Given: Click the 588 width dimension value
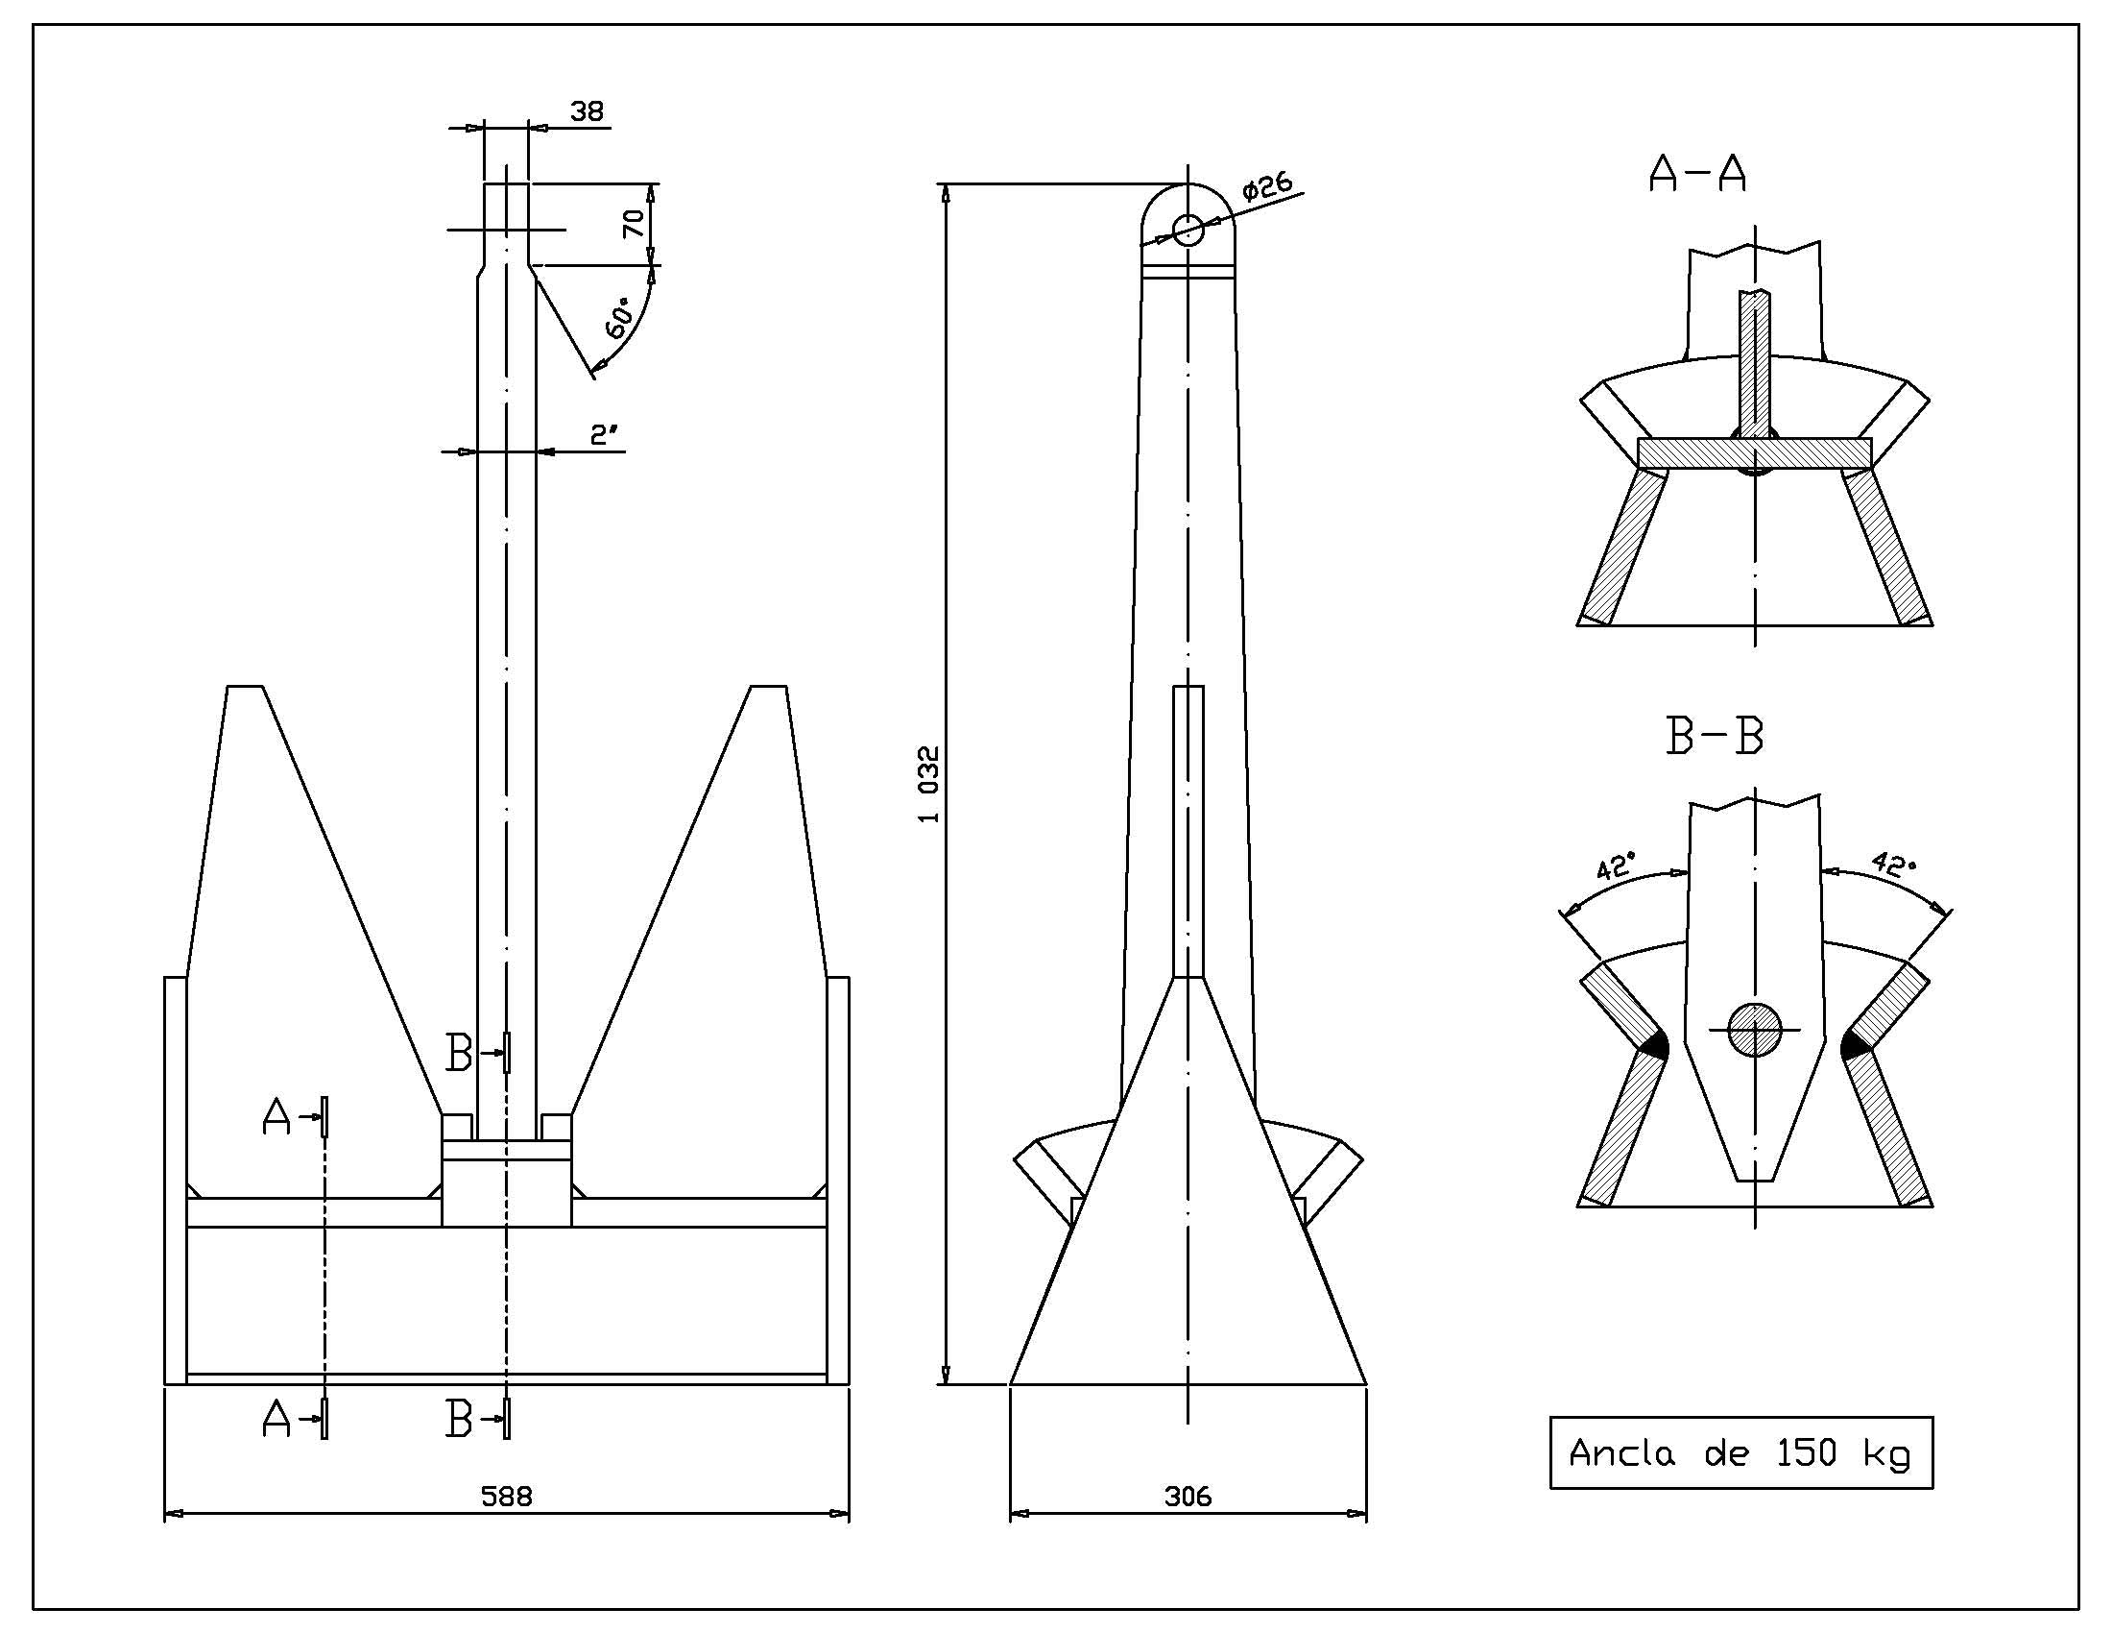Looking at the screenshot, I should click(507, 1497).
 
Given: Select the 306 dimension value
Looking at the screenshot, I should click(1188, 1497).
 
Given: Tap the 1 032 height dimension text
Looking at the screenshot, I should click(929, 784).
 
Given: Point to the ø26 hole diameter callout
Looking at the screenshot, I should click(1267, 186).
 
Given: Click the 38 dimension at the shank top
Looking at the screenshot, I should click(587, 111).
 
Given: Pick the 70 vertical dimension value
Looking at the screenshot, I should click(634, 224).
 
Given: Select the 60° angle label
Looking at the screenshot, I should click(620, 317).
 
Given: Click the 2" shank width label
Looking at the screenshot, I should click(605, 434).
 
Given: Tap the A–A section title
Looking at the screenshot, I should click(1697, 174).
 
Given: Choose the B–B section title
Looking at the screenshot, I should click(1715, 736).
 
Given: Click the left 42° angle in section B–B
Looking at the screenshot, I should click(1616, 865).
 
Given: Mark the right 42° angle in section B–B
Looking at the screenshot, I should click(1892, 863).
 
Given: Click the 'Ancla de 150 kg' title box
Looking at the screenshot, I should click(1740, 1453).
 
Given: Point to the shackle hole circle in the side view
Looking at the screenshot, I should click(1188, 231).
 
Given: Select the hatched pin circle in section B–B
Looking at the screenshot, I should click(1754, 1031).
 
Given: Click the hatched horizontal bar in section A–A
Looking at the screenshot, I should click(1754, 452).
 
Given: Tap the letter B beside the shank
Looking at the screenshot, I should click(458, 1053).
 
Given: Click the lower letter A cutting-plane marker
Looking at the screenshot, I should click(276, 1419).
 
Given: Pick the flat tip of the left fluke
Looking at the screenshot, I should click(246, 687).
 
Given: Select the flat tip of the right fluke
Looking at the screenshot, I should click(769, 687).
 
